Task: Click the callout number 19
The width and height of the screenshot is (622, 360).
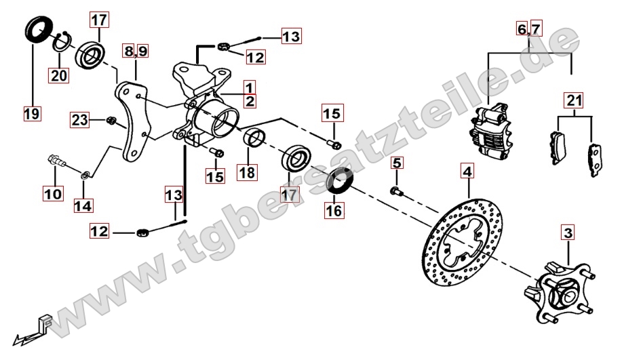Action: (32, 114)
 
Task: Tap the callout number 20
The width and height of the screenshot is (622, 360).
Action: (59, 75)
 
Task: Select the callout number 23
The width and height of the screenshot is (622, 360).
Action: (80, 119)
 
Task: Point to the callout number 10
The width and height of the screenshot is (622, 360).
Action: (53, 194)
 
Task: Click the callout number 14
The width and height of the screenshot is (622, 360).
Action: (83, 205)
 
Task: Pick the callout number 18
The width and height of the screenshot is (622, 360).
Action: (247, 172)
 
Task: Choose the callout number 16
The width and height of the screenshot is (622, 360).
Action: (334, 211)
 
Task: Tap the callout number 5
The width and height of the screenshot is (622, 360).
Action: (397, 163)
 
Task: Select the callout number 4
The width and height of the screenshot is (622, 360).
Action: (468, 172)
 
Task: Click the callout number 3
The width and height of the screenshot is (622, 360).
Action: (568, 233)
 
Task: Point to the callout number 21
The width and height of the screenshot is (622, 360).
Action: (575, 100)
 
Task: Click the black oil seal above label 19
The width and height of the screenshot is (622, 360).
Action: (39, 28)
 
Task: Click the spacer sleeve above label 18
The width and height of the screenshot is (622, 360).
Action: (254, 138)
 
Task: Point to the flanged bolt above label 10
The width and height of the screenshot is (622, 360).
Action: (56, 161)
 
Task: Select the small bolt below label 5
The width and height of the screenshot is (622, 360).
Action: (397, 192)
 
